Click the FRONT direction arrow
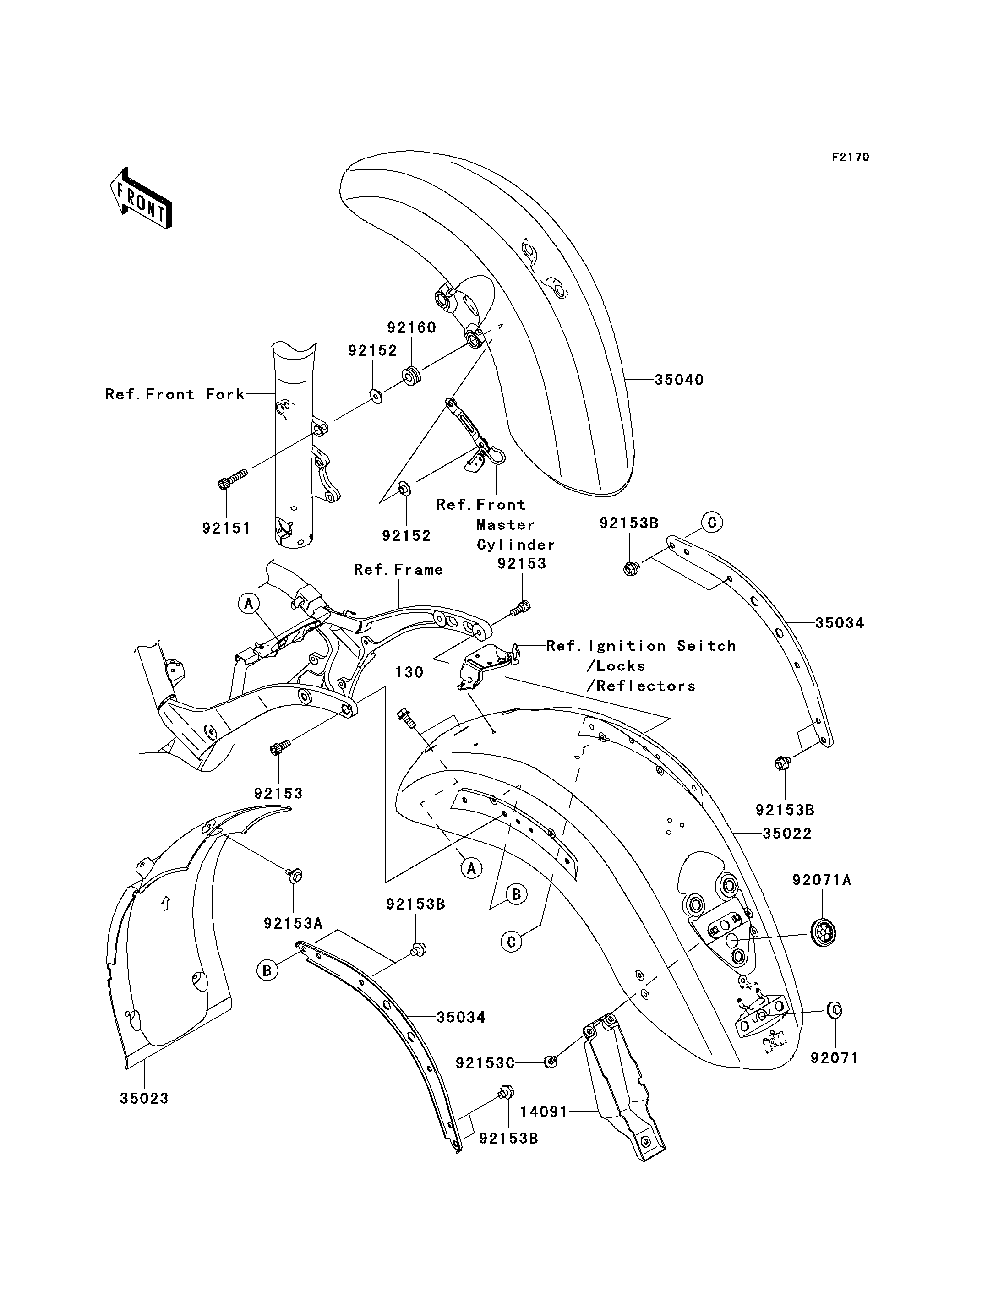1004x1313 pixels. (x=141, y=198)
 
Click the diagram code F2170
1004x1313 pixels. (x=851, y=157)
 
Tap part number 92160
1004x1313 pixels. (x=411, y=327)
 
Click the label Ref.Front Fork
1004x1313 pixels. (x=175, y=394)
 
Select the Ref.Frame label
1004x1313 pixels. (x=398, y=570)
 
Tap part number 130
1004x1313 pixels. (x=409, y=672)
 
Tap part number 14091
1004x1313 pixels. (x=544, y=1111)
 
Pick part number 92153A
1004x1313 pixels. (x=294, y=923)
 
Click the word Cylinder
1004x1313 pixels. (x=516, y=545)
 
